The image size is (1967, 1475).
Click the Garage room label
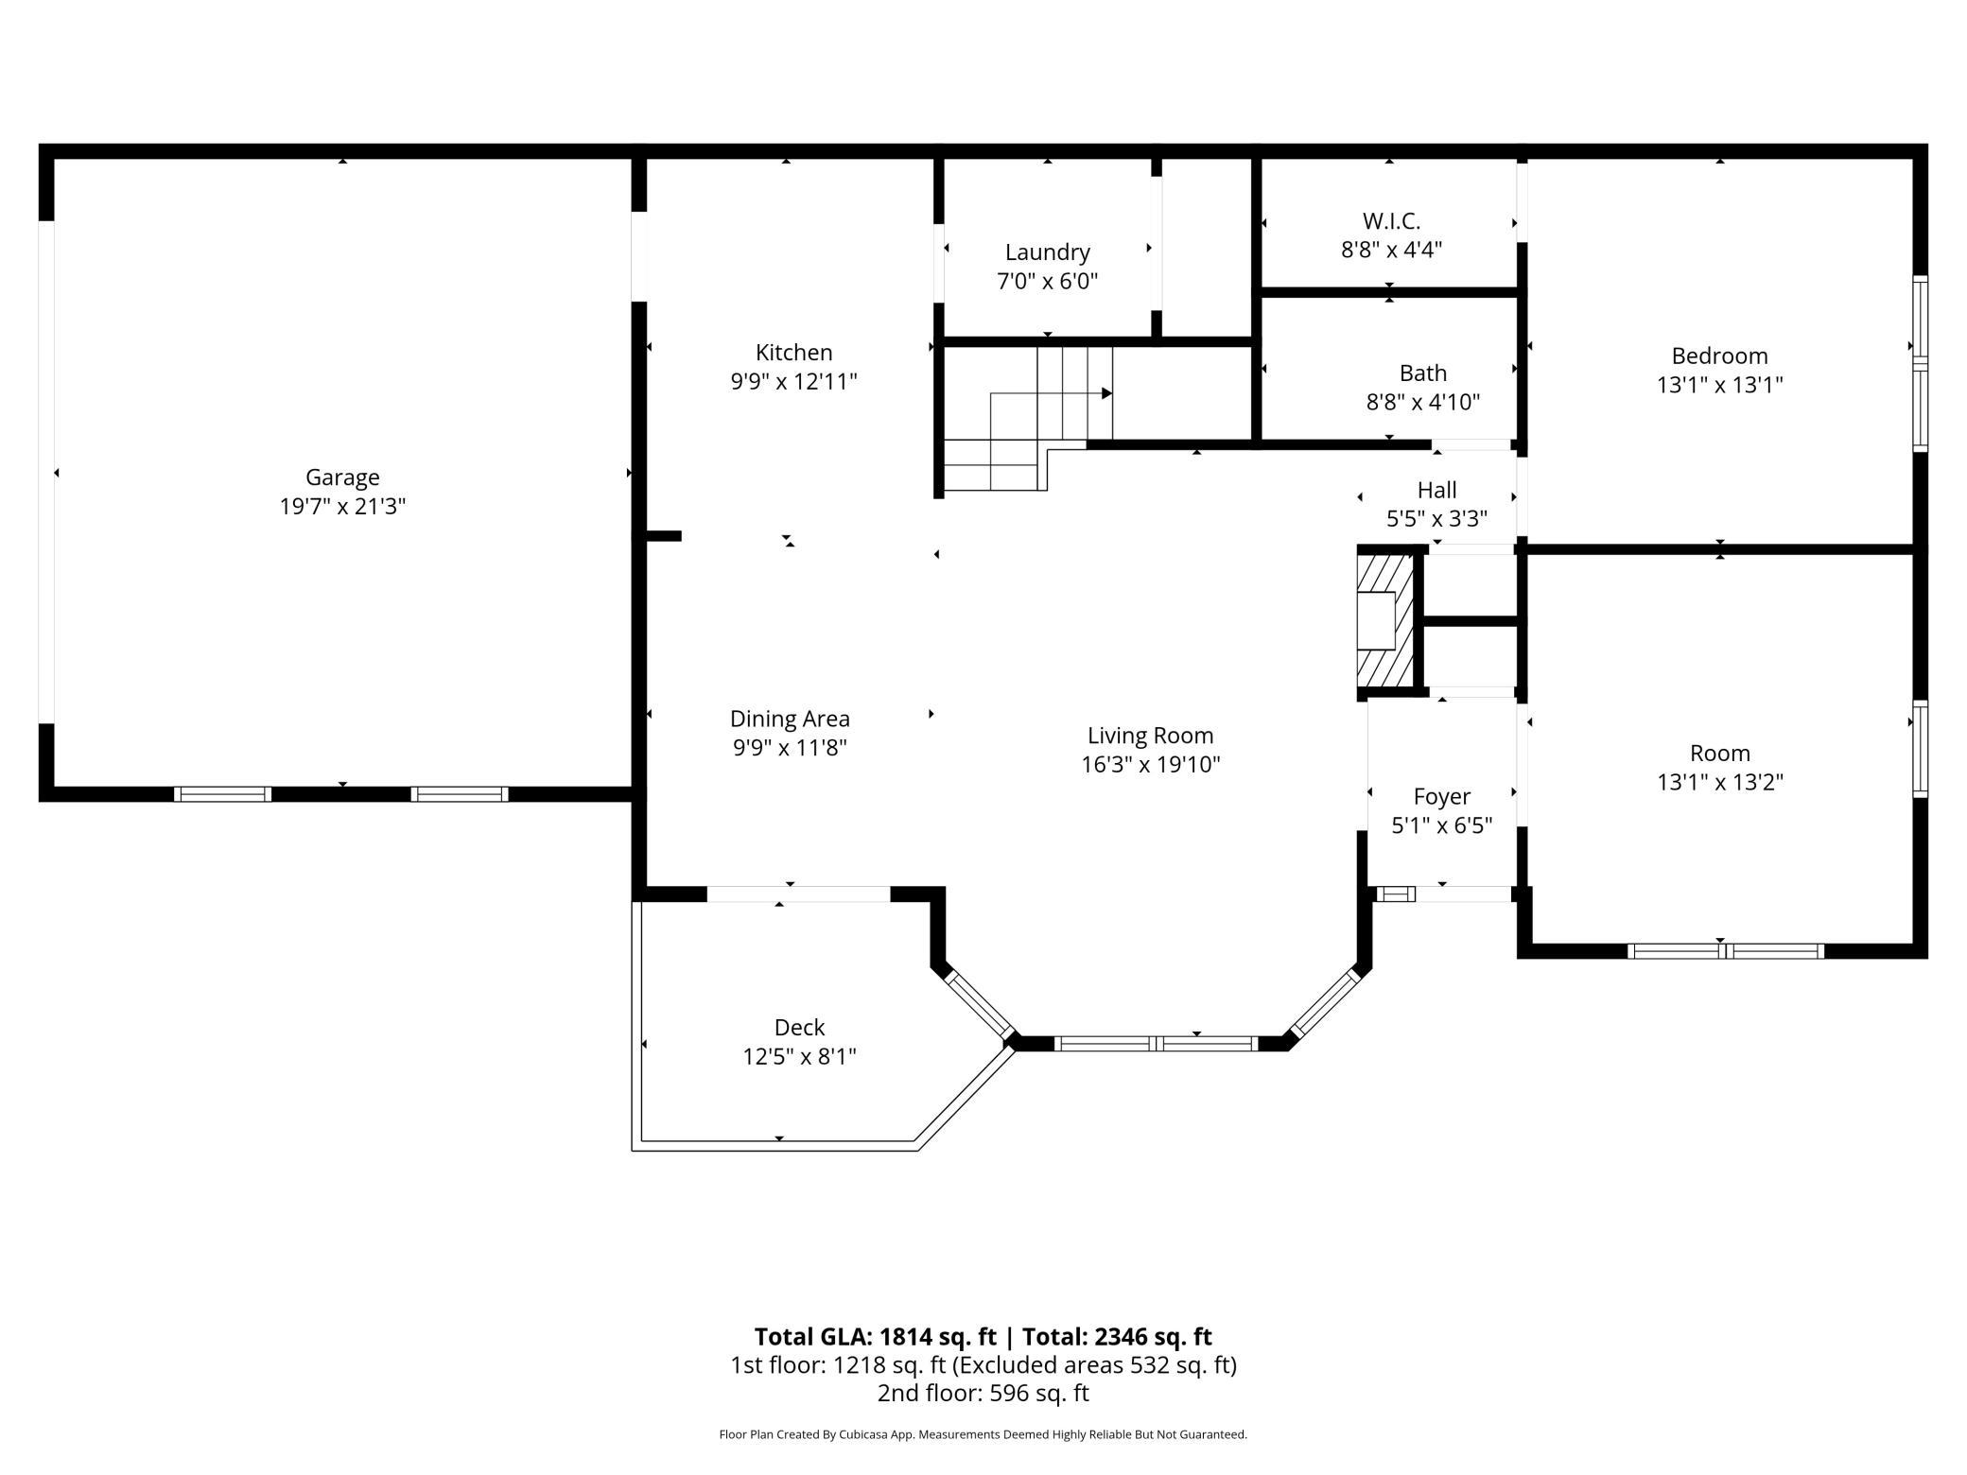click(342, 477)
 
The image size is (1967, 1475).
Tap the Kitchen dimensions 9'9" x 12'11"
click(793, 382)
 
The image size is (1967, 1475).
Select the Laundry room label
click(1047, 252)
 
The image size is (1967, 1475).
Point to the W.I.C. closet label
click(1391, 221)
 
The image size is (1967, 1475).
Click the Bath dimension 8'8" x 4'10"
click(1422, 403)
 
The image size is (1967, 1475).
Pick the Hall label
click(1436, 490)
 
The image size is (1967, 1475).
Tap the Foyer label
click(1441, 796)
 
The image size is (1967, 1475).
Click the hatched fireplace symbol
click(1384, 621)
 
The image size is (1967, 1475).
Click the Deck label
click(799, 1027)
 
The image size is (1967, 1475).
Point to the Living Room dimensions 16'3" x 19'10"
click(1150, 765)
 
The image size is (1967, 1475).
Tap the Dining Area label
click(790, 719)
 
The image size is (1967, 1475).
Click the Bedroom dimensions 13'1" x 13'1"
click(1719, 386)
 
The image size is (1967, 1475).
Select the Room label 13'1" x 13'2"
click(1719, 754)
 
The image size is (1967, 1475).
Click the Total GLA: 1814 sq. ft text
click(875, 1336)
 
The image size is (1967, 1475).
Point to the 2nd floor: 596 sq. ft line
click(983, 1393)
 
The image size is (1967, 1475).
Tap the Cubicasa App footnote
click(983, 1434)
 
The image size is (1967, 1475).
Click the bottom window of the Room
click(1725, 951)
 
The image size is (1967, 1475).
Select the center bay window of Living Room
click(1156, 1044)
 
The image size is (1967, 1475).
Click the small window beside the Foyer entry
click(1396, 894)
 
